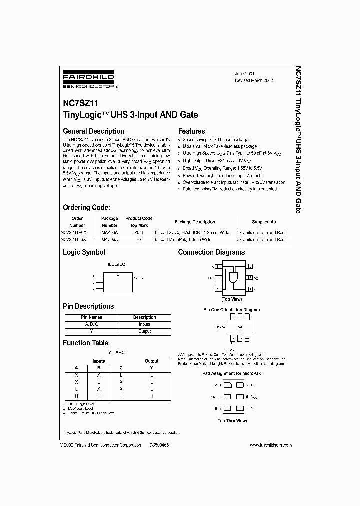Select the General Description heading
pyautogui.click(x=93, y=131)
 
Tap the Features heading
pyautogui.click(x=192, y=131)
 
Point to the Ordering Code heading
pyautogui.click(x=86, y=207)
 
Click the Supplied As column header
pyautogui.click(x=263, y=222)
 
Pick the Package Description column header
pyautogui.click(x=195, y=222)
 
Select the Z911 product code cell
pyautogui.click(x=139, y=233)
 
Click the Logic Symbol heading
pyautogui.click(x=84, y=252)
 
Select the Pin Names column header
pyautogui.click(x=91, y=317)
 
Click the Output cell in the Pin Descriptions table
pyautogui.click(x=144, y=331)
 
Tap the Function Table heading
pyautogui.click(x=85, y=343)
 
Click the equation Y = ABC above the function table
pyautogui.click(x=116, y=353)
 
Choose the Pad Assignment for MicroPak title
pyautogui.click(x=231, y=373)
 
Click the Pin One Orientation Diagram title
pyautogui.click(x=231, y=310)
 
